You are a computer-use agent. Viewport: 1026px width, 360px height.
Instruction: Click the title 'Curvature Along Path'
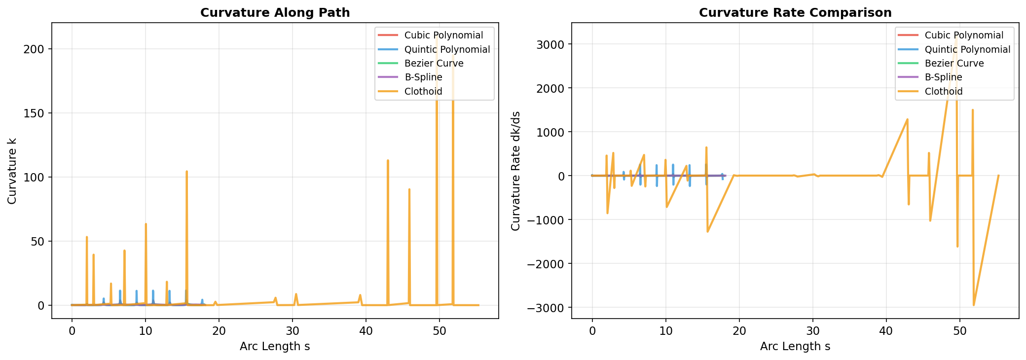pos(275,13)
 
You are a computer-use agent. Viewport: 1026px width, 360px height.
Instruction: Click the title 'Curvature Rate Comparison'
pos(795,13)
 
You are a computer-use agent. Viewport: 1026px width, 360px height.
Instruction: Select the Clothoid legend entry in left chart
pos(423,91)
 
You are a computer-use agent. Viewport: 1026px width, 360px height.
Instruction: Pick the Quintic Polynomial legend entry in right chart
pos(967,49)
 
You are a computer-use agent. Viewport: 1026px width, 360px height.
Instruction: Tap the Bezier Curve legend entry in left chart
pos(434,63)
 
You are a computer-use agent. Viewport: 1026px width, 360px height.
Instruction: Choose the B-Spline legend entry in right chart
pos(943,77)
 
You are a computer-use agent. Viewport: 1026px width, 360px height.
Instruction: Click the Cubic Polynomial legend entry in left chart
pos(443,35)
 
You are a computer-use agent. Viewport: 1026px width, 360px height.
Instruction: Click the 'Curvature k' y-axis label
pos(12,170)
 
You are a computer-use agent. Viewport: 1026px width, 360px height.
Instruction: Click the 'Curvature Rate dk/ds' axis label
pos(515,170)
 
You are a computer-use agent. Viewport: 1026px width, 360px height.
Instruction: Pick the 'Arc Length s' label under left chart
pos(275,347)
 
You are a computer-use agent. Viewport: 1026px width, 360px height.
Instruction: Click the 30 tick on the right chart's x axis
pos(813,328)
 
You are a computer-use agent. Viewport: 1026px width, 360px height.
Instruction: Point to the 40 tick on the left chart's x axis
pos(366,328)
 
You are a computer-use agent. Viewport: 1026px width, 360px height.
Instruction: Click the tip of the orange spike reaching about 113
pos(388,160)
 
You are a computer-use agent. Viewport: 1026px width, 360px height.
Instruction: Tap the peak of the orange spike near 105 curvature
pos(186,172)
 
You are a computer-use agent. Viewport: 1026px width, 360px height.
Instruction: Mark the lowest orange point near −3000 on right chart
pos(973,305)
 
